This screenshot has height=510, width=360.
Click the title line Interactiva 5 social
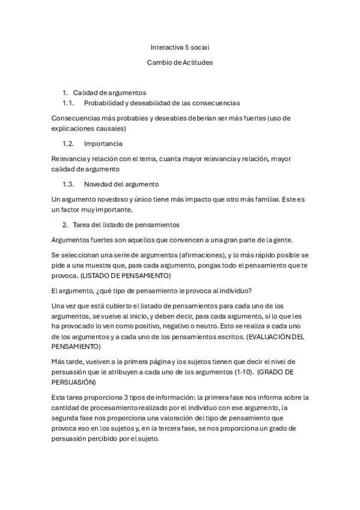(x=180, y=46)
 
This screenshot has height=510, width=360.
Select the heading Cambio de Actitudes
(x=180, y=62)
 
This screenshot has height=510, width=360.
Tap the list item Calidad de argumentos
(x=109, y=93)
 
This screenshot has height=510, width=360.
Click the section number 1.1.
(x=68, y=103)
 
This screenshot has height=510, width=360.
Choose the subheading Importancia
(x=103, y=144)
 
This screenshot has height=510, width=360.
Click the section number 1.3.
(x=68, y=184)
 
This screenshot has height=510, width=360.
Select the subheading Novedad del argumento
(x=121, y=184)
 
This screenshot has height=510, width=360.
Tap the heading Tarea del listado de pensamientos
(x=126, y=225)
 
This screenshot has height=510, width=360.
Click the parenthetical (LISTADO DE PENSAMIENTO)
(x=126, y=275)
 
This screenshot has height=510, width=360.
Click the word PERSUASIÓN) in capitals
(x=76, y=381)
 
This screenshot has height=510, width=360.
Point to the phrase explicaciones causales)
(x=89, y=128)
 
